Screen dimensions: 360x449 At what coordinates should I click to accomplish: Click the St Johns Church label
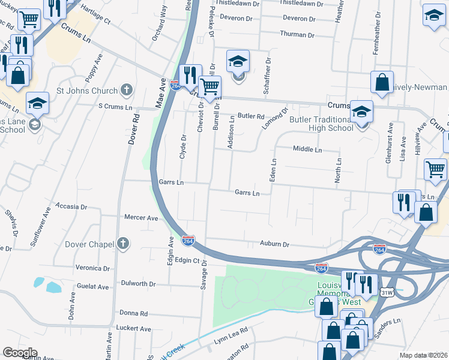click(86, 91)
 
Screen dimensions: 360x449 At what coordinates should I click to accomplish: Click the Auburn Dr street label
click(275, 244)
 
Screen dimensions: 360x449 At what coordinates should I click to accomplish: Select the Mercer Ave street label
click(140, 218)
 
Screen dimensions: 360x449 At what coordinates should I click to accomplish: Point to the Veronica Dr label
click(92, 268)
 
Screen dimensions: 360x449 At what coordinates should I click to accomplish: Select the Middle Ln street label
click(307, 149)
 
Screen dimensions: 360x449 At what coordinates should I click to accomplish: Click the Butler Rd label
click(251, 116)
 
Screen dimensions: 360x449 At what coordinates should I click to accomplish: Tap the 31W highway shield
click(387, 292)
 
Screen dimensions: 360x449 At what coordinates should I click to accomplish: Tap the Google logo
click(20, 353)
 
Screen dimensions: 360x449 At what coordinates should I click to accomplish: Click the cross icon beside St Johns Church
click(125, 91)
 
